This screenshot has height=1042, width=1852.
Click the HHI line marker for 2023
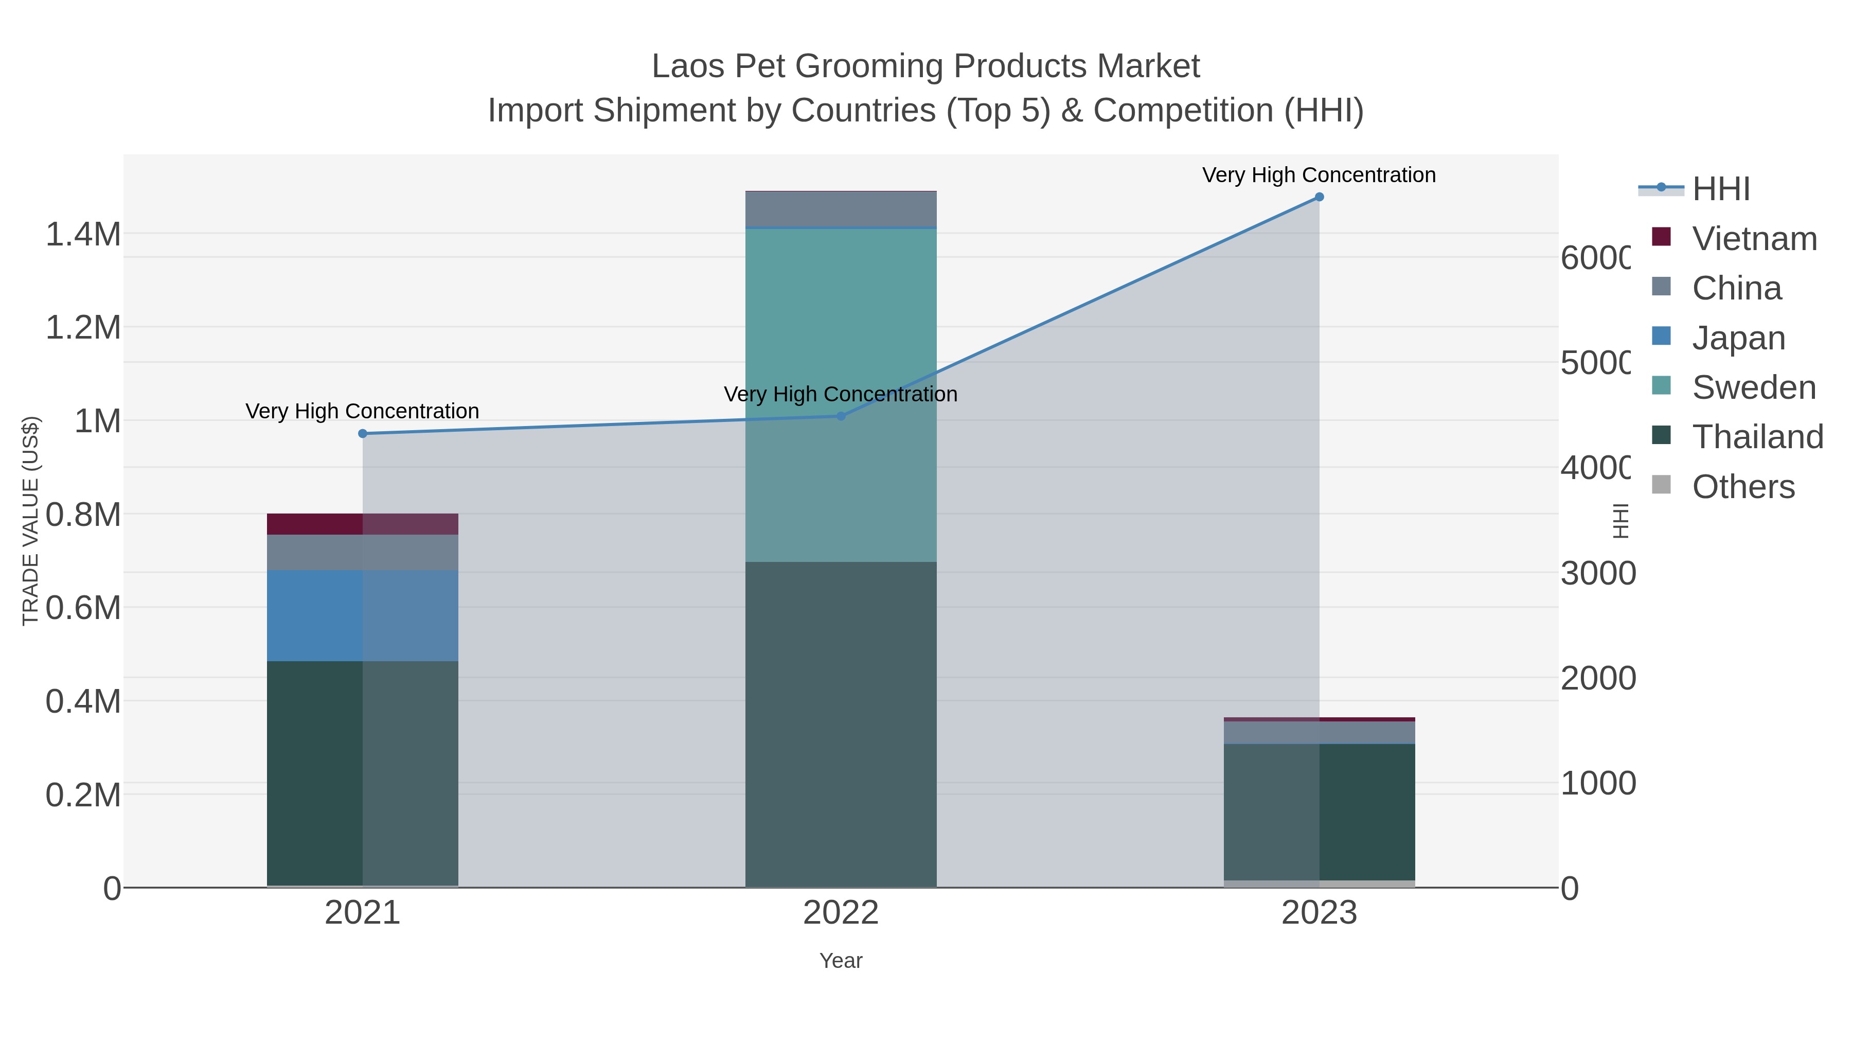click(1319, 197)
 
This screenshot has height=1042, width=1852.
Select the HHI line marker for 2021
click(362, 434)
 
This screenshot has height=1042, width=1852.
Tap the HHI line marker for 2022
click(841, 416)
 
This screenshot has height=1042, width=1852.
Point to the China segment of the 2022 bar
click(841, 209)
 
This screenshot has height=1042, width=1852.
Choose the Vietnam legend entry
click(1754, 239)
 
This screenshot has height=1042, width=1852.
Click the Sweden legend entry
click(1754, 387)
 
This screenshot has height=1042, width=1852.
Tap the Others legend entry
click(1743, 487)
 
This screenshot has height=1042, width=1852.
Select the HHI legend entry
click(1720, 189)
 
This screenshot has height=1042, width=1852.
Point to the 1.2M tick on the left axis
click(83, 328)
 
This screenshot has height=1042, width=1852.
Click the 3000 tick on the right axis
click(1597, 574)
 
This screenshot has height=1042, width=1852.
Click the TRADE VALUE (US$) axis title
click(30, 521)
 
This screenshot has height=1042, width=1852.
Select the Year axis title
click(841, 961)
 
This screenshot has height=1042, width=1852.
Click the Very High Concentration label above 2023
click(1319, 175)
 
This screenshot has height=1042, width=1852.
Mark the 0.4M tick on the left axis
click(83, 702)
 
